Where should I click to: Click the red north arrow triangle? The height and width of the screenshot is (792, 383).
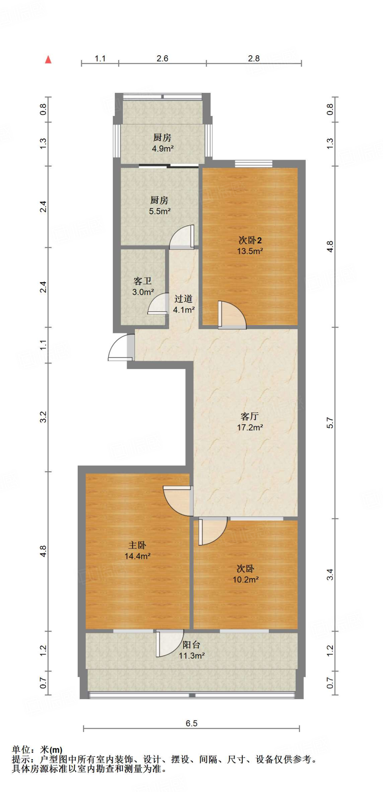point(48,60)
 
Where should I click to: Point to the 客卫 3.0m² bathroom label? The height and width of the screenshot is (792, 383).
point(143,287)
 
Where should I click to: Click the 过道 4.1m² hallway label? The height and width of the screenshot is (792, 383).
point(184,304)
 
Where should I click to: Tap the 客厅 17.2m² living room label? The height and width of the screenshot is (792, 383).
point(250,422)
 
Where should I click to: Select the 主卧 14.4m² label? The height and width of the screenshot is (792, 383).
point(137,551)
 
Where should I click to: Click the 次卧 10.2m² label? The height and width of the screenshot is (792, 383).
point(245,574)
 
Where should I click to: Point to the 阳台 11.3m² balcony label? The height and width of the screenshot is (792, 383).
point(191,650)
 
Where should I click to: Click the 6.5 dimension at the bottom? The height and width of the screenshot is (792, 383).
point(191,723)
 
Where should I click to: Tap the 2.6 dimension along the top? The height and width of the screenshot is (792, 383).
point(162,58)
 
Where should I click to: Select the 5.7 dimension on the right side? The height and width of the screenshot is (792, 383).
point(330,423)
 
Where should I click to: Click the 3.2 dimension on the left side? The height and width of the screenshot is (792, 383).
point(43,417)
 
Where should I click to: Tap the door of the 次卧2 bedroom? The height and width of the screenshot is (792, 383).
point(232,315)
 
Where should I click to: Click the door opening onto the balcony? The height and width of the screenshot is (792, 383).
point(169,643)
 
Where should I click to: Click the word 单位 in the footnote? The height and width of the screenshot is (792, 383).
point(21,750)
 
